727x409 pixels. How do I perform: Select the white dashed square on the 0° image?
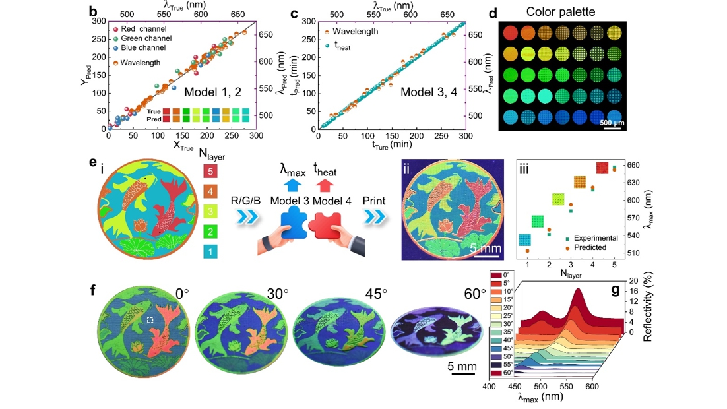coord(150,319)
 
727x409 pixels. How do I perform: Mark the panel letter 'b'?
coord(93,11)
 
